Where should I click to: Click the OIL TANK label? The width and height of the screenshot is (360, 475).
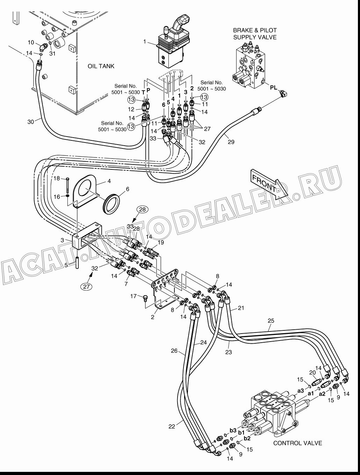pos(101,66)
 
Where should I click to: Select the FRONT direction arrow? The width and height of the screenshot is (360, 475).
pos(269,184)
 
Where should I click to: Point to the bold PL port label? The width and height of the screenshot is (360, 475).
pos(274,88)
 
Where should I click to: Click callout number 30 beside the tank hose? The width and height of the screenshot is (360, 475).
pos(31,122)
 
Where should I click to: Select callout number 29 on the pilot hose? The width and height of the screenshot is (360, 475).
pos(231,142)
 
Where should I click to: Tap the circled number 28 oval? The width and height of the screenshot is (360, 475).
pos(143,209)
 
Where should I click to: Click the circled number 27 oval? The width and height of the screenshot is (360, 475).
pos(86,287)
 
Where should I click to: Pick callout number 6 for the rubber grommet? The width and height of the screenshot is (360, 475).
pos(128,189)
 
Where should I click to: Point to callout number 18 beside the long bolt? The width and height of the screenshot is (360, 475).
pos(57,178)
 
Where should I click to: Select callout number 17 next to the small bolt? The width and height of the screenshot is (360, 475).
pos(134,296)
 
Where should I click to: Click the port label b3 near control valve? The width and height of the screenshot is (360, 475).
pos(233,430)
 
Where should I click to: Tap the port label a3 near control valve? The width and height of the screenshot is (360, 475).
pos(301,391)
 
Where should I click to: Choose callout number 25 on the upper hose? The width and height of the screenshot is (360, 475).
pos(271,321)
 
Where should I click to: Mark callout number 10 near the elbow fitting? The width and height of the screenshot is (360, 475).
pos(31,42)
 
